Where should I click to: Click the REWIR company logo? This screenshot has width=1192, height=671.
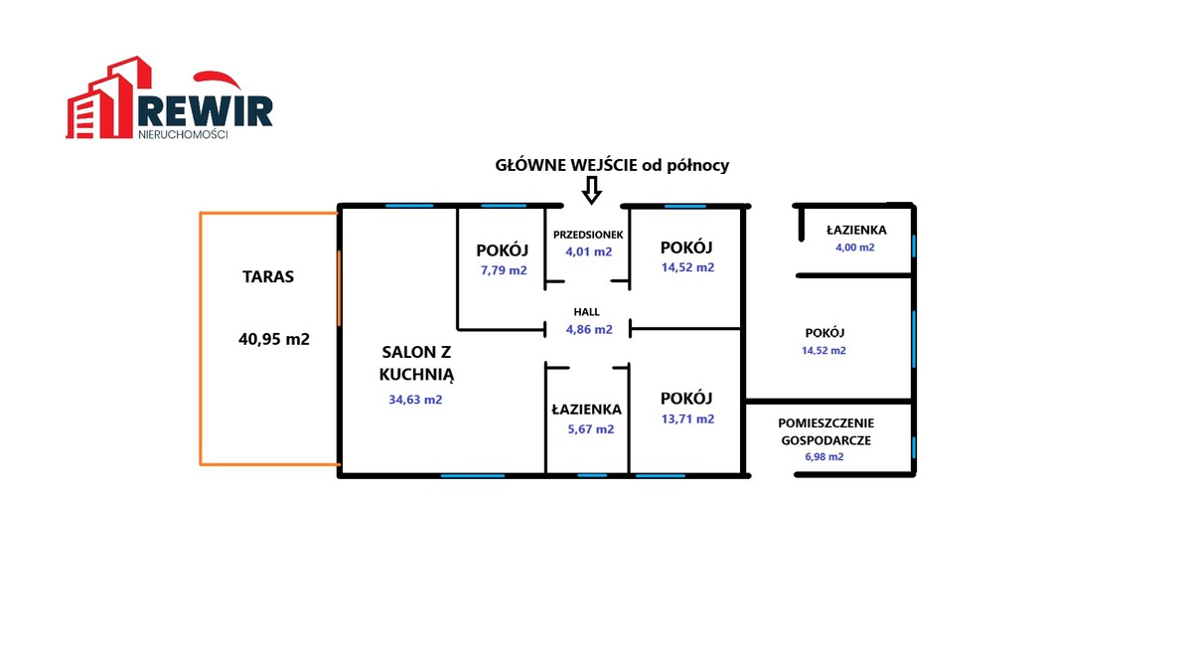click(169, 98)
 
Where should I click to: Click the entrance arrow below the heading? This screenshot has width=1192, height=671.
click(591, 191)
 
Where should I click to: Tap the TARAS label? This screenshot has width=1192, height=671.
click(268, 277)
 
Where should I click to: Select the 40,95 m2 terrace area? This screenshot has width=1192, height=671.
click(274, 339)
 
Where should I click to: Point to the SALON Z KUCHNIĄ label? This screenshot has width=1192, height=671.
click(416, 363)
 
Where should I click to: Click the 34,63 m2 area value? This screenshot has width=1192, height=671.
click(415, 400)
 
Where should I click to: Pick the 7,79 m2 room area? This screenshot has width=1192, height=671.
click(504, 270)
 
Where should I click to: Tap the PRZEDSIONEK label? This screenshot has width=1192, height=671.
click(588, 235)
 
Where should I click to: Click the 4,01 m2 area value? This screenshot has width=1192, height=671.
click(588, 252)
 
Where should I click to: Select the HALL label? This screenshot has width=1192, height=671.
click(586, 312)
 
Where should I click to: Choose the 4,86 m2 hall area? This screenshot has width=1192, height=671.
click(589, 330)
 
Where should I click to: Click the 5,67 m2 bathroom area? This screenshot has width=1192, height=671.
click(591, 429)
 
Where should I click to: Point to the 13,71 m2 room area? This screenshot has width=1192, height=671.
click(687, 419)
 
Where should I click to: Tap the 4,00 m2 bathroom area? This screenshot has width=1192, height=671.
click(855, 248)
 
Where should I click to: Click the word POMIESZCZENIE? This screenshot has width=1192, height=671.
click(825, 423)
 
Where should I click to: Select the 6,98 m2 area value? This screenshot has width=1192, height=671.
click(824, 457)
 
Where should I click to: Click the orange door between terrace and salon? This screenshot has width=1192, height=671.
click(339, 288)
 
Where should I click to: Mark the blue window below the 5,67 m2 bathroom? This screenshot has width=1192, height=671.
click(592, 475)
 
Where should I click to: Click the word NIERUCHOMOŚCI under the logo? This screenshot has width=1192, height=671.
click(183, 135)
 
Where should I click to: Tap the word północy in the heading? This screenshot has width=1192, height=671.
click(697, 166)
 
